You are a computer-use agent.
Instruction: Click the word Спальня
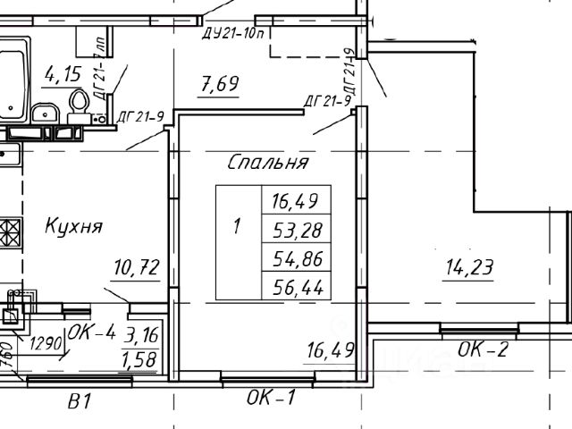pyautogui.click(x=268, y=163)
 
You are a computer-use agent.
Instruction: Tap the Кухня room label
pyautogui.click(x=73, y=226)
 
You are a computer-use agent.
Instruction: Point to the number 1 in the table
pyautogui.click(x=237, y=227)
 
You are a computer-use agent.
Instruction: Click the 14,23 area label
pyautogui.click(x=470, y=266)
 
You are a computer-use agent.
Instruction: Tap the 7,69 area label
pyautogui.click(x=218, y=87)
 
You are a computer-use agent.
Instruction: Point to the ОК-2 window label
pyautogui.click(x=484, y=350)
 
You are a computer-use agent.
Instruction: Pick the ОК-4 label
pyautogui.click(x=92, y=333)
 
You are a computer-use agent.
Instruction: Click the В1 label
pyautogui.click(x=80, y=403)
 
